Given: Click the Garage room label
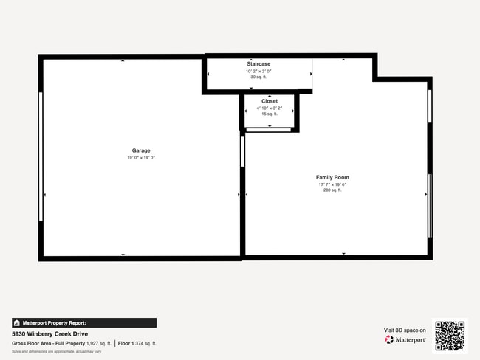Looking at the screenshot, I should [x=141, y=150].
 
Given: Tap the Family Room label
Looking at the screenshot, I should [x=332, y=177].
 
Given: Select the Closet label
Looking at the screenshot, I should [x=270, y=101].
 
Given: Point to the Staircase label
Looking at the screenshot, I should [x=258, y=64].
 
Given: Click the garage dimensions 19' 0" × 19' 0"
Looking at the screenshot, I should [x=141, y=158].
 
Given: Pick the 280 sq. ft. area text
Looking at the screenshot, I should [x=332, y=190].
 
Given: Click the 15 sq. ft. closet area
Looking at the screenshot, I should [x=270, y=114].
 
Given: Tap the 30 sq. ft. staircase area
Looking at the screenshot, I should [x=258, y=77].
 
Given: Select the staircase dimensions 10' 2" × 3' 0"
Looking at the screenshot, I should [x=258, y=71].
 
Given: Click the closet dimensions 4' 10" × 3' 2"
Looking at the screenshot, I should [x=270, y=108].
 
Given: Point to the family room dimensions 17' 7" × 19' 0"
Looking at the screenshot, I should [x=332, y=184].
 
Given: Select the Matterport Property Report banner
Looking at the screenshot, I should [x=83, y=322].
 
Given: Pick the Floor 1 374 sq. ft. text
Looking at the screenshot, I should [x=137, y=343].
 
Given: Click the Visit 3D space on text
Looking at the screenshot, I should [x=405, y=330].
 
